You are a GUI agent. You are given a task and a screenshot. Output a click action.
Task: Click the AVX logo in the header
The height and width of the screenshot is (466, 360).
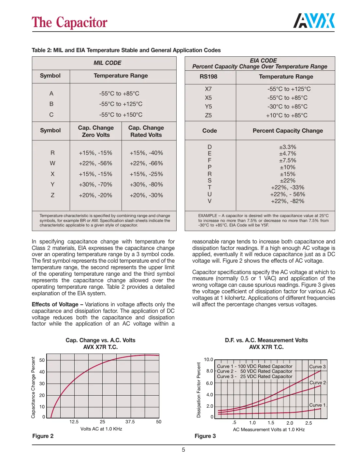314,21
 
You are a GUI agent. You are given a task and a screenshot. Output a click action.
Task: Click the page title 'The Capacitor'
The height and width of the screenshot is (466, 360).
69,22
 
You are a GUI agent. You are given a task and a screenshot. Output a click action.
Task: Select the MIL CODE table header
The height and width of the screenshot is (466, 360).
107,63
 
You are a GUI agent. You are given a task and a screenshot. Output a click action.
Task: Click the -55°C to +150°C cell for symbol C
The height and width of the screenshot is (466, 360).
121,115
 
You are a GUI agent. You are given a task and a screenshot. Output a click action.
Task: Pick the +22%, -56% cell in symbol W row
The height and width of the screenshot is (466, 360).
95,163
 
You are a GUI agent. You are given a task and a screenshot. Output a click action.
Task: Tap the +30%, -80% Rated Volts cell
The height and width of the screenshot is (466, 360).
146,184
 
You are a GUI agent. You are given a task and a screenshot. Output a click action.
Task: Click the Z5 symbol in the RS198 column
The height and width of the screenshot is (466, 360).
208,115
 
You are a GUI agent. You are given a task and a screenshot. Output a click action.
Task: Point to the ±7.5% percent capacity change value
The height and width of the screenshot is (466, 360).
287,160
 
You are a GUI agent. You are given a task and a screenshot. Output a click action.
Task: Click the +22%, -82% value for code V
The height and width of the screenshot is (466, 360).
287,201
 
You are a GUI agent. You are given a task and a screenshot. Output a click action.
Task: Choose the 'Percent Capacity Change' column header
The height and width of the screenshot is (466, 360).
288,131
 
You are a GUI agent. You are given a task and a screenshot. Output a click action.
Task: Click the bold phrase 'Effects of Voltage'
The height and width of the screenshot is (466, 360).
55,304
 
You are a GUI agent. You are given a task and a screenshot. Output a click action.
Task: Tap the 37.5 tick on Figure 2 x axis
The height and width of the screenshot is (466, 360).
130,422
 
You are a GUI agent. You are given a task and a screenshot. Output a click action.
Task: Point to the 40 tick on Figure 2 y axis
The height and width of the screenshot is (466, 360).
42,372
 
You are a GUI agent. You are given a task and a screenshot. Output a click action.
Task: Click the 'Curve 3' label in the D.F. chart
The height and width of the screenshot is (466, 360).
317,367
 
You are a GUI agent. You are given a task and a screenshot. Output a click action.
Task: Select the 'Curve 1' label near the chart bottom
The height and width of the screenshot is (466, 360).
317,405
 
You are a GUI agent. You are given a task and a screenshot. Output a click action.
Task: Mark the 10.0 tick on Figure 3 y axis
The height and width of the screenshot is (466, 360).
208,359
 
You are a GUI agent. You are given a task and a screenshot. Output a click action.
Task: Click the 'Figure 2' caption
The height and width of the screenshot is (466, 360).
43,436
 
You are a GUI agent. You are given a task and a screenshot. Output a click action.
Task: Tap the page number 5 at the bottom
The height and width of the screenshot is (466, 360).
183,450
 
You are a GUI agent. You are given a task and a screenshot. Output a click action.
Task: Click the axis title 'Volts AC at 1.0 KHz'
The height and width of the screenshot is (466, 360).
101,429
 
